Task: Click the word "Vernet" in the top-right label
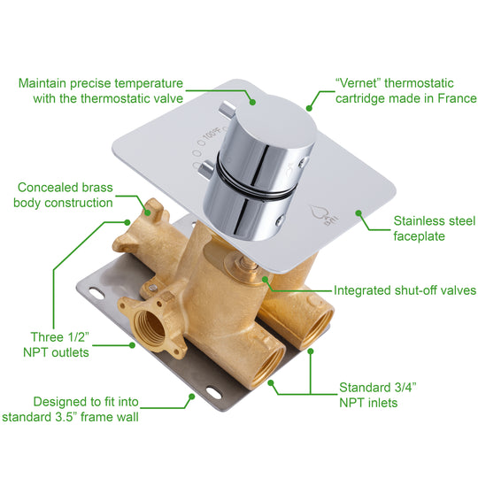point(352,82)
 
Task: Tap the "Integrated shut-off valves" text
point(405,290)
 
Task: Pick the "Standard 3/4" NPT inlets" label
point(378,395)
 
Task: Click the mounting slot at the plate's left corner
point(89,293)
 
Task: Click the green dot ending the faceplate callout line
point(358,212)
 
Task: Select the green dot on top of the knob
point(251,102)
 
